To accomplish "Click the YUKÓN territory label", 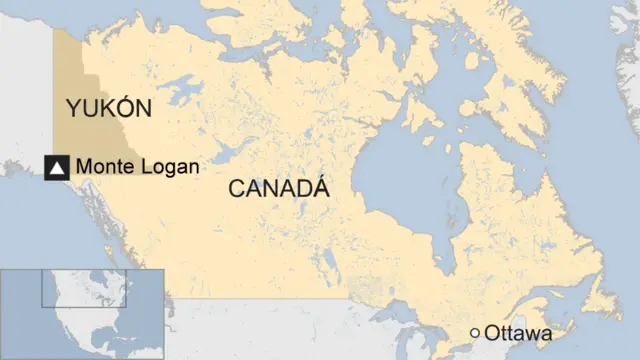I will coord(108,108).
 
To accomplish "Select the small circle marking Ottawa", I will coord(475,333).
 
